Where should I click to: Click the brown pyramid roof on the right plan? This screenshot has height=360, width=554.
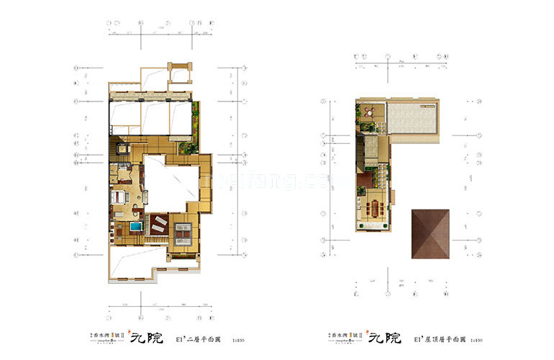pyautogui.click(x=430, y=234)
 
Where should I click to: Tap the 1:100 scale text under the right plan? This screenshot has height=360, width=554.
pyautogui.click(x=476, y=338)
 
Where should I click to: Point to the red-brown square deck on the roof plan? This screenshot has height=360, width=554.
pyautogui.click(x=363, y=179)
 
